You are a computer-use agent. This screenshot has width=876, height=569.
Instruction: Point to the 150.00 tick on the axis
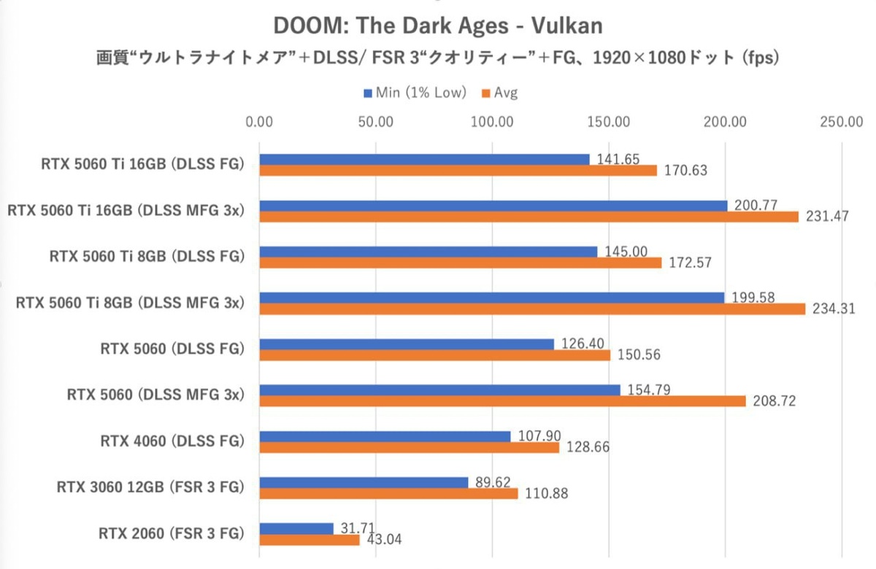(x=609, y=122)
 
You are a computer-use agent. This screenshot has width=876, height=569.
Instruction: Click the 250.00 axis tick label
(x=842, y=122)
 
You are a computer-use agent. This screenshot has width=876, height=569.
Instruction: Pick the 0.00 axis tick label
(x=260, y=122)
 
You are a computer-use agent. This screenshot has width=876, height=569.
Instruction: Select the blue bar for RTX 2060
(x=296, y=528)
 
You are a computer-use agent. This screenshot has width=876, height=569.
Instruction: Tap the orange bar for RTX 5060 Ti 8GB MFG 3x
(x=531, y=309)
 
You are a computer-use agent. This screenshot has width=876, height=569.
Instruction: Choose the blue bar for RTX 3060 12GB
(x=364, y=482)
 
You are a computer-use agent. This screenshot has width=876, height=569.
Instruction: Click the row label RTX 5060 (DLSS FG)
(x=172, y=349)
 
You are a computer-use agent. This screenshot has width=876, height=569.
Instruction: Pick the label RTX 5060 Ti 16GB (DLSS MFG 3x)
(x=125, y=211)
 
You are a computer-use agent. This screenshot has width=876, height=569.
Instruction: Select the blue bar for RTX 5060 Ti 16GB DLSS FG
(x=424, y=159)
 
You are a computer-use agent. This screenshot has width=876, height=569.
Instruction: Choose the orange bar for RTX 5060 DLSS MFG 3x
(x=502, y=401)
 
